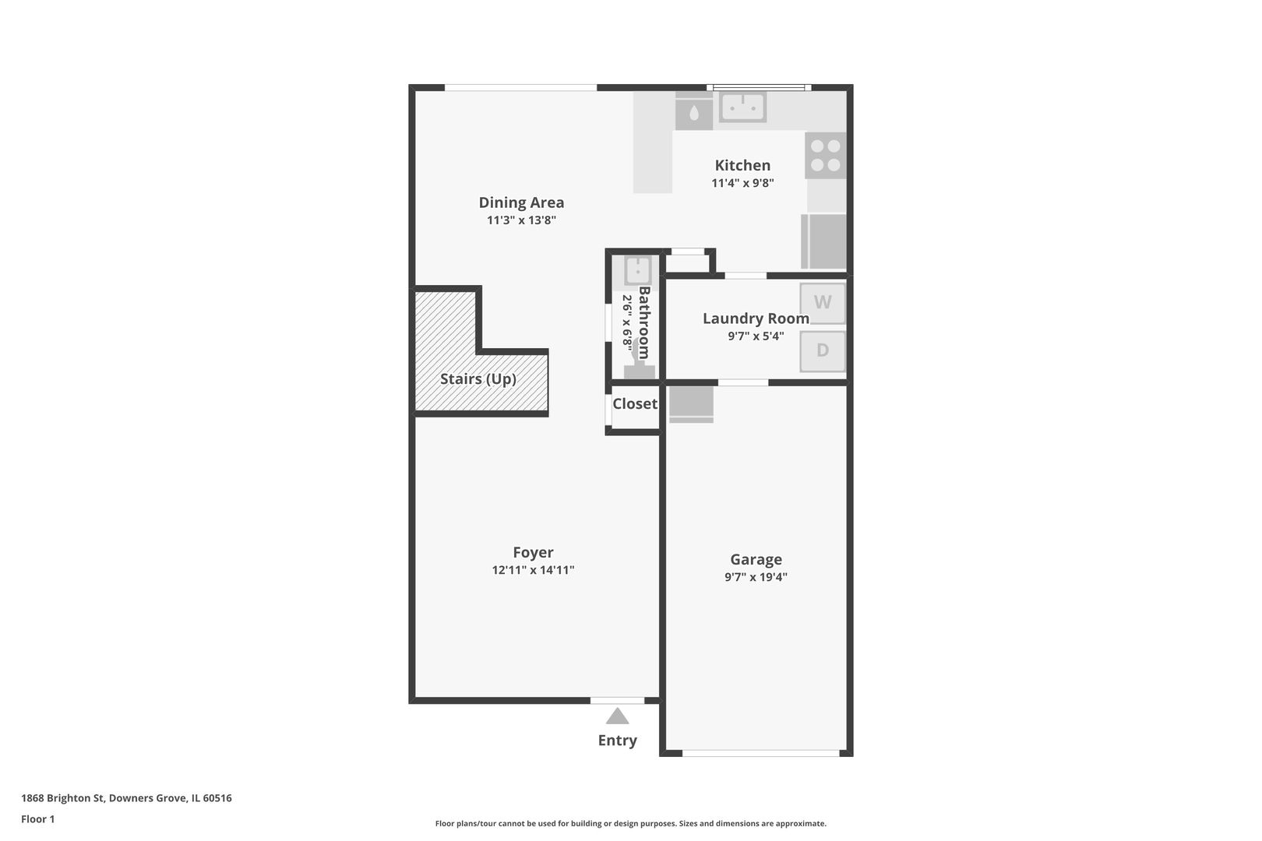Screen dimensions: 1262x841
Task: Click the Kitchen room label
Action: [x=742, y=165]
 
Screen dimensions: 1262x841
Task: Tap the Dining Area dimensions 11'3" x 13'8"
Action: [x=521, y=220]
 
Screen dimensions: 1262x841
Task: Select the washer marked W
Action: [x=823, y=303]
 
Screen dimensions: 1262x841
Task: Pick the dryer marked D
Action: [x=823, y=351]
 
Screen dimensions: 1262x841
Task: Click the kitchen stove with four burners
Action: [x=826, y=156]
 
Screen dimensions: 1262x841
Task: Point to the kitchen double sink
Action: [x=742, y=107]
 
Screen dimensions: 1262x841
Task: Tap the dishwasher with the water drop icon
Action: [x=694, y=111]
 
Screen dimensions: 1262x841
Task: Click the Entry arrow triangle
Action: [x=617, y=716]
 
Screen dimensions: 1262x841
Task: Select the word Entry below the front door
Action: [x=617, y=741]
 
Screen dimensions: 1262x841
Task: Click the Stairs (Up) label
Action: [x=478, y=379]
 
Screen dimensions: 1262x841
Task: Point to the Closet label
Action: [x=635, y=404]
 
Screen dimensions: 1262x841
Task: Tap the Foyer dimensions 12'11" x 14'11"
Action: [x=533, y=569]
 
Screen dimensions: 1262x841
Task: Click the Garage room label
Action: [x=756, y=559]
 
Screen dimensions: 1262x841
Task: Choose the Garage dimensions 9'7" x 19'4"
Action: [x=756, y=577]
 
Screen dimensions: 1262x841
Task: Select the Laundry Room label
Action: [x=756, y=318]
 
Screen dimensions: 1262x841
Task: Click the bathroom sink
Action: [x=638, y=272]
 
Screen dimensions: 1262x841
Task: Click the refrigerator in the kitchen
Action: [x=823, y=241]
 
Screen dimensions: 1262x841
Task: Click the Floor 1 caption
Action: [x=37, y=819]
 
